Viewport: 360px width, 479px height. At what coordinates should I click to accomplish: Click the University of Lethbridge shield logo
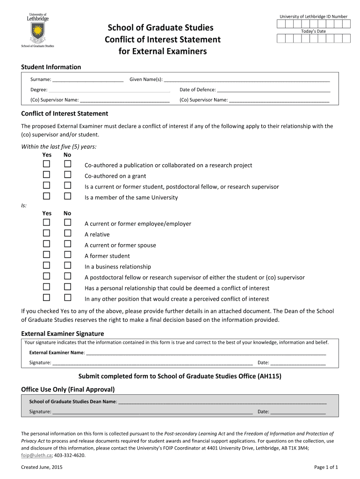pos(37,31)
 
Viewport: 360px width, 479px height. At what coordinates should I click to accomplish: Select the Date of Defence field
pos(274,90)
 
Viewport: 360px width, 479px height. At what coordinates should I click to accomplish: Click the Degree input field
pos(109,90)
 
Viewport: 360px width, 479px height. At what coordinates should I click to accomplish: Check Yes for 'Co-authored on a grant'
pos(47,175)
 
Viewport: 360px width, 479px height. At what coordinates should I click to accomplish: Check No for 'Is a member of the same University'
pos(68,196)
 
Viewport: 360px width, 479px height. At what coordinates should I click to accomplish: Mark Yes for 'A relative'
pos(47,233)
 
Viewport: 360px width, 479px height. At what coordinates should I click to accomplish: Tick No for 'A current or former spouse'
pos(68,244)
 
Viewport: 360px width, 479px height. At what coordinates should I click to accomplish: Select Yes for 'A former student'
pos(47,255)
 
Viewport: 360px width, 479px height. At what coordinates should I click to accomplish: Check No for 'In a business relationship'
pos(68,266)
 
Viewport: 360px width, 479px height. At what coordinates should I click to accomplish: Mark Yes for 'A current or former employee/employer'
pos(47,223)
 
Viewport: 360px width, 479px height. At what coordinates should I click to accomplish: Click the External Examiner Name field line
pos(206,353)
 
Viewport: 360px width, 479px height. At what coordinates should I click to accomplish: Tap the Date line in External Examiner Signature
pos(298,363)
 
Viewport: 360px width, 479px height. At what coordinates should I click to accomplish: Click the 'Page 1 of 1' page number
pos(326,467)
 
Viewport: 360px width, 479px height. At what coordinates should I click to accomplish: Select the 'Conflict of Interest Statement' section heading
pos(65,114)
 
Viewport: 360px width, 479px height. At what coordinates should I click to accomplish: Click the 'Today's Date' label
pos(313,31)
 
